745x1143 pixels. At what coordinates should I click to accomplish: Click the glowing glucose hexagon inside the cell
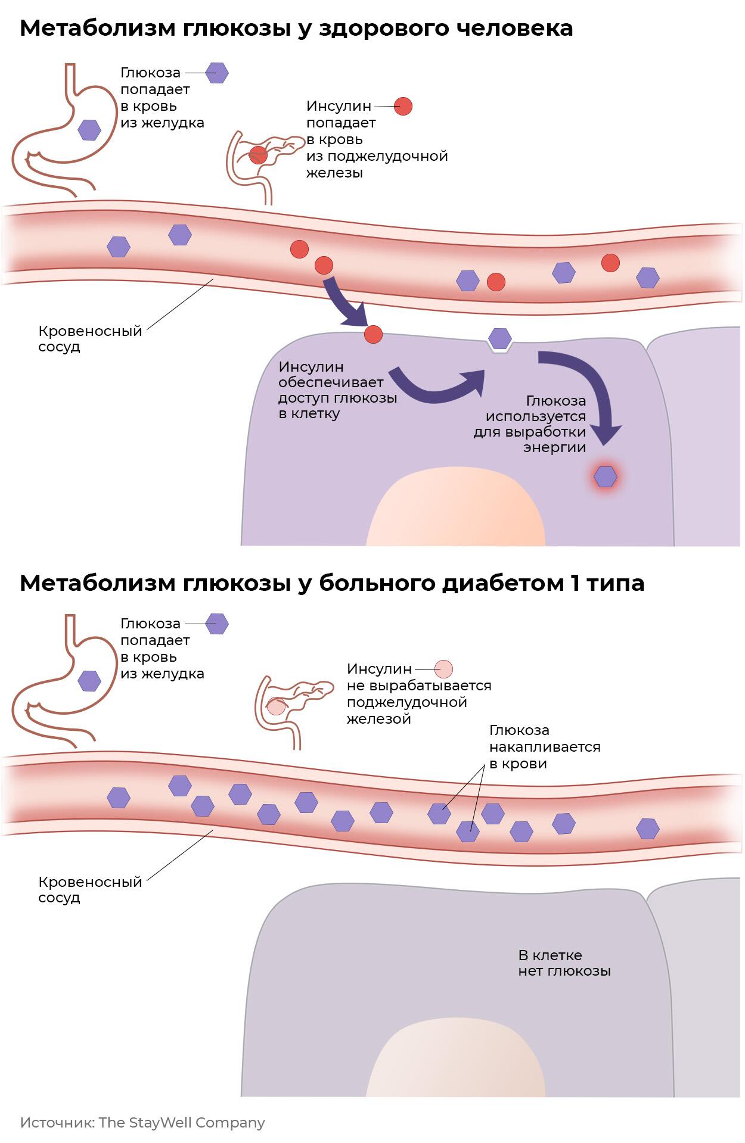tap(606, 476)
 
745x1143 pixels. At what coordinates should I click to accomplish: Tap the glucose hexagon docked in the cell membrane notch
tap(500, 338)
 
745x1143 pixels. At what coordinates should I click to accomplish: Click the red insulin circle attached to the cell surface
tap(373, 334)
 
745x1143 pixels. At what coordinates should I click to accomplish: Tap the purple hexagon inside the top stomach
tap(90, 129)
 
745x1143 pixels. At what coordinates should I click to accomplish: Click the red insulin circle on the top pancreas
tap(258, 154)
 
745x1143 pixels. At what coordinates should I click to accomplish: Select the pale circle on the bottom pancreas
tap(276, 706)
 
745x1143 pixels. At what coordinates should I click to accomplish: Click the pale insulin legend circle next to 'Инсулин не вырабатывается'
tap(443, 669)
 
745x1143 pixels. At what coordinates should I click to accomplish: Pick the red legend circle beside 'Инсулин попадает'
tap(403, 106)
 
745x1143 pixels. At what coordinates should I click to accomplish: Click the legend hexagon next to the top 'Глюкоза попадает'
tap(217, 73)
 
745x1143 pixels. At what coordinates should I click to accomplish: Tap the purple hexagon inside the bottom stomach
tap(90, 680)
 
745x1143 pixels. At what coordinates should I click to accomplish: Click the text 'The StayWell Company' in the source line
tap(182, 1123)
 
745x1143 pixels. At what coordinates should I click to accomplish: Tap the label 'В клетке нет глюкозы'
tap(564, 963)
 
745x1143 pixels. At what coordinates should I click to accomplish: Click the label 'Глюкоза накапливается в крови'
tap(544, 746)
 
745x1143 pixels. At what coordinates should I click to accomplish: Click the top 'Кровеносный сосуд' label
tap(90, 338)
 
